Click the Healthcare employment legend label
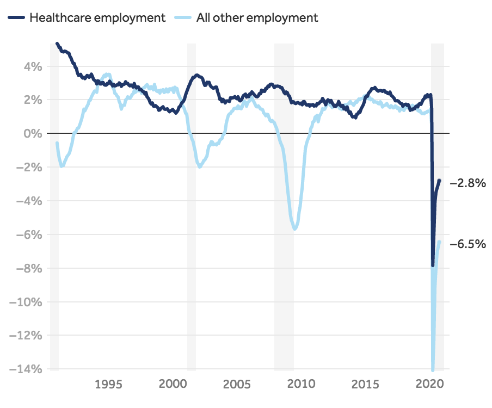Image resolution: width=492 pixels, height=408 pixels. [97, 17]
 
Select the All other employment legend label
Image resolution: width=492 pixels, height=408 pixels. [254, 17]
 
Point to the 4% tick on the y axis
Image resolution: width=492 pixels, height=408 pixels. [32, 66]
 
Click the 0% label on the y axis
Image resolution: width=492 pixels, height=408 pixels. [32, 133]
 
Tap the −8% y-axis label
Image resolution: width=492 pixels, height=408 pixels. [29, 268]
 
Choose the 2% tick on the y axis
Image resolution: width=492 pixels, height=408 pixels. [32, 100]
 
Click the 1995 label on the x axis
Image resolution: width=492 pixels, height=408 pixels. [108, 384]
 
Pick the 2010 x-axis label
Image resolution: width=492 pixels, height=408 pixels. [301, 384]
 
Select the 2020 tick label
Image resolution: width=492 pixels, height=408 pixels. [429, 384]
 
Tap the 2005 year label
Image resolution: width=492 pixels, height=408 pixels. [237, 384]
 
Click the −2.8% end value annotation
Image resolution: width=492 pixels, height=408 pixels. [468, 183]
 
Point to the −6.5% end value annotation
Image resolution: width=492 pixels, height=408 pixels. [468, 244]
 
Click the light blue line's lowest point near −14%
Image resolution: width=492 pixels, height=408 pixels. [433, 370]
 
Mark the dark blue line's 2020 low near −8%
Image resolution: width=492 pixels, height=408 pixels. [433, 265]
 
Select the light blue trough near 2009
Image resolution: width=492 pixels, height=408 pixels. [295, 228]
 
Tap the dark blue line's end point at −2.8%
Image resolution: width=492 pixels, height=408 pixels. [439, 181]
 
